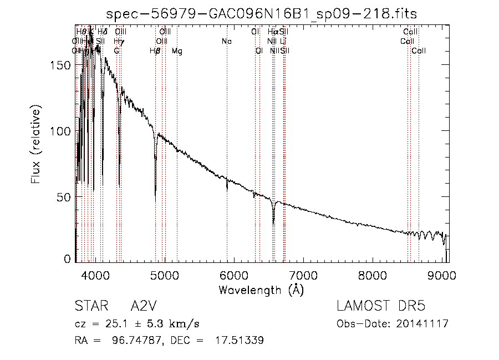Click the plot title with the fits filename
[262, 13]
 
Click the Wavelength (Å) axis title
[261, 290]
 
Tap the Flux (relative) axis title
[36, 146]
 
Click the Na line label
[226, 42]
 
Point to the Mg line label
[177, 51]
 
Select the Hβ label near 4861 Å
[155, 51]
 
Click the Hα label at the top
[272, 32]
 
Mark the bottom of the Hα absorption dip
[273, 223]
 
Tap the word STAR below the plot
[89, 306]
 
